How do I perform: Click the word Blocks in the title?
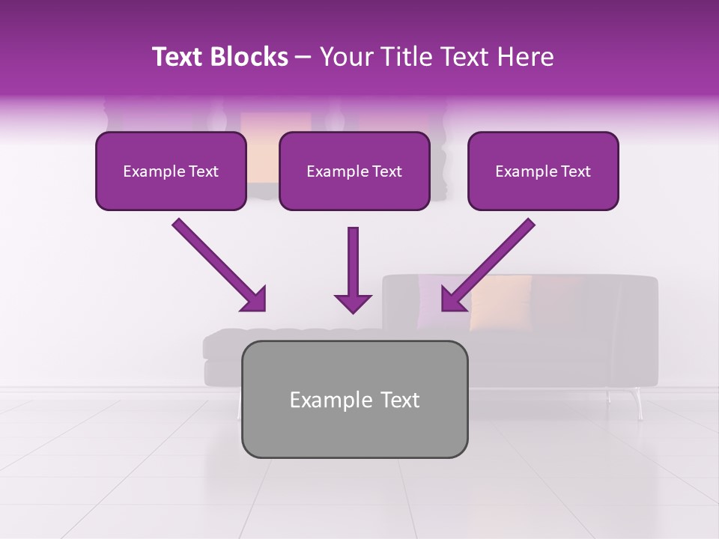pyautogui.click(x=249, y=57)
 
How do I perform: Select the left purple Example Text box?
pyautogui.click(x=171, y=171)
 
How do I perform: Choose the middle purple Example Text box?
pyautogui.click(x=354, y=171)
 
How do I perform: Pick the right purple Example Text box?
pyautogui.click(x=543, y=171)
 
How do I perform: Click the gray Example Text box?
pyautogui.click(x=354, y=399)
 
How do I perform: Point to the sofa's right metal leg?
pyautogui.click(x=638, y=404)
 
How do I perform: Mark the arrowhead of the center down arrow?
pyautogui.click(x=353, y=302)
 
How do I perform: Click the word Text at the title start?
pyautogui.click(x=178, y=57)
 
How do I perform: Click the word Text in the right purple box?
pyautogui.click(x=574, y=171)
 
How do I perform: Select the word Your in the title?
pyautogui.click(x=344, y=57)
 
